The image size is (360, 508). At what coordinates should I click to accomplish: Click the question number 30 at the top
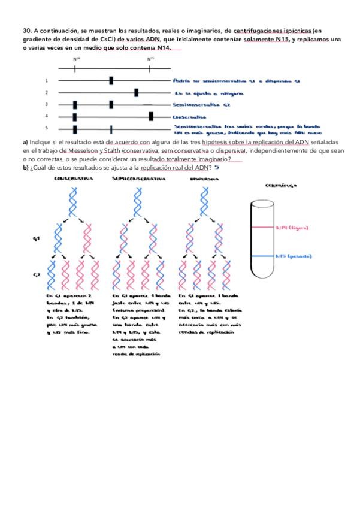click(x=27, y=29)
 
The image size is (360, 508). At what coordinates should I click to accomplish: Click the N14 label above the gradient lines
click(x=76, y=59)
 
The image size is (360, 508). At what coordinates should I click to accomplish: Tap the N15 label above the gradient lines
click(x=150, y=59)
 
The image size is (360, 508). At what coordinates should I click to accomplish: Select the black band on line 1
click(x=111, y=80)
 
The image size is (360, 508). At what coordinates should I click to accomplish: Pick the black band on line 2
click(x=137, y=92)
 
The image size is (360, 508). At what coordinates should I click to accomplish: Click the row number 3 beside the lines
click(x=46, y=104)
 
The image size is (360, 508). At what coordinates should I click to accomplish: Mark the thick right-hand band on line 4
click(x=151, y=116)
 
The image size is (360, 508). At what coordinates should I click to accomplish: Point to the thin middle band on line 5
click(x=111, y=128)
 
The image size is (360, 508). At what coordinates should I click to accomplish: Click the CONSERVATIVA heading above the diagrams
click(x=73, y=179)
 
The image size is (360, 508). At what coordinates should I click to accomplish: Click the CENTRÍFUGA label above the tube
click(x=279, y=186)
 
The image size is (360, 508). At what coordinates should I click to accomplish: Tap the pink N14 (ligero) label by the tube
click(x=293, y=228)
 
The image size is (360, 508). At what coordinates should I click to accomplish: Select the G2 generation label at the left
click(x=37, y=274)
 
